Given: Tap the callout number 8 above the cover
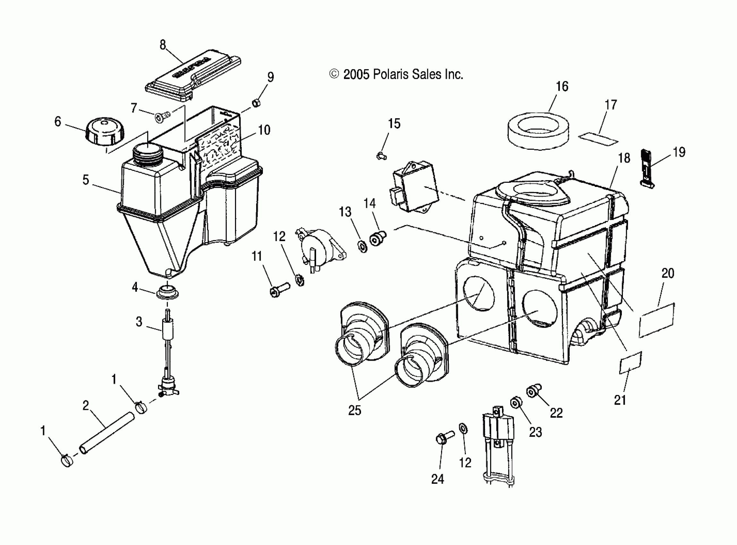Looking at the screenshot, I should tap(163, 45).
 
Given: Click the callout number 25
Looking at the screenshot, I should tap(355, 410).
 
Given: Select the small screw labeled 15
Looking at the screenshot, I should tap(381, 156).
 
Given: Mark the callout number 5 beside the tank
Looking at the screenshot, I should tap(86, 180).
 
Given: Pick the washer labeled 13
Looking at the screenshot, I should tap(362, 246).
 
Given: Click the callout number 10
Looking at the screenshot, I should tap(264, 130).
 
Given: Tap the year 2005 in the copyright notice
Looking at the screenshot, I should tap(356, 75).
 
